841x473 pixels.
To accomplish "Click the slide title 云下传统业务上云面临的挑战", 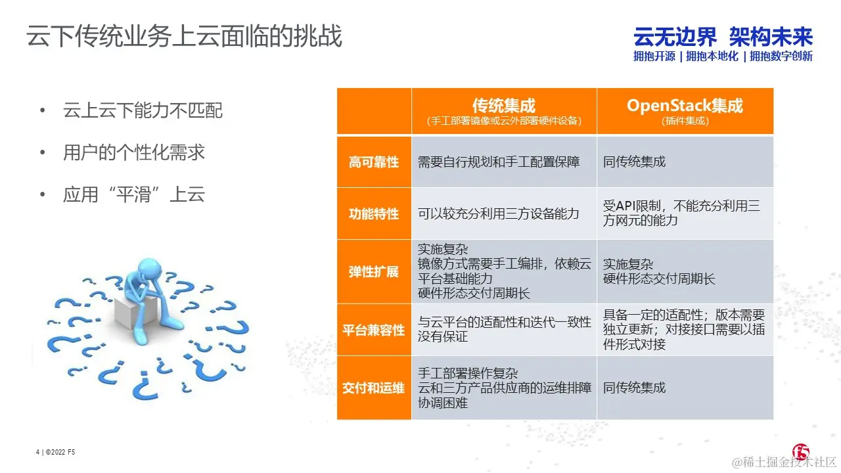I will [x=184, y=37].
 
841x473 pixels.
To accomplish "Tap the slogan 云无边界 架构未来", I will [x=723, y=37].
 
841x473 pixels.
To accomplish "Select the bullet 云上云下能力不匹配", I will [x=143, y=110].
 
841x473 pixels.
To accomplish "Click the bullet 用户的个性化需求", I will [x=134, y=152].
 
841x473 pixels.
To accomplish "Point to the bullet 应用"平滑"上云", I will [x=134, y=194].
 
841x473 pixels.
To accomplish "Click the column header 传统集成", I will [x=503, y=106].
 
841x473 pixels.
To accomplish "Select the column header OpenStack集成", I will [x=685, y=106].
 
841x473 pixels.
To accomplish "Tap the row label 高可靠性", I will [x=373, y=162].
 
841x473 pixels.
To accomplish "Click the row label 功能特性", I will [x=373, y=214].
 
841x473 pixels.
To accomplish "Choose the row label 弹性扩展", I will [x=373, y=271].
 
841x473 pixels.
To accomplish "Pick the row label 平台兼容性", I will [x=373, y=330].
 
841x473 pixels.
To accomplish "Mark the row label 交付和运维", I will [x=373, y=388].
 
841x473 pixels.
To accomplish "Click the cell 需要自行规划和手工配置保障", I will [x=499, y=162].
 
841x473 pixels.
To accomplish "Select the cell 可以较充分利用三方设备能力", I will [x=499, y=214].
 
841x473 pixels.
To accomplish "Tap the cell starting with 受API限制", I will [x=681, y=214].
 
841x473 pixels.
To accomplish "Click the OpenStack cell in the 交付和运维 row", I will [x=634, y=388].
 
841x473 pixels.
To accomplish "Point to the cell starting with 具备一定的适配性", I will [x=683, y=330].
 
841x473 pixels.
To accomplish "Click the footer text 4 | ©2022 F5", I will [x=55, y=452].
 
